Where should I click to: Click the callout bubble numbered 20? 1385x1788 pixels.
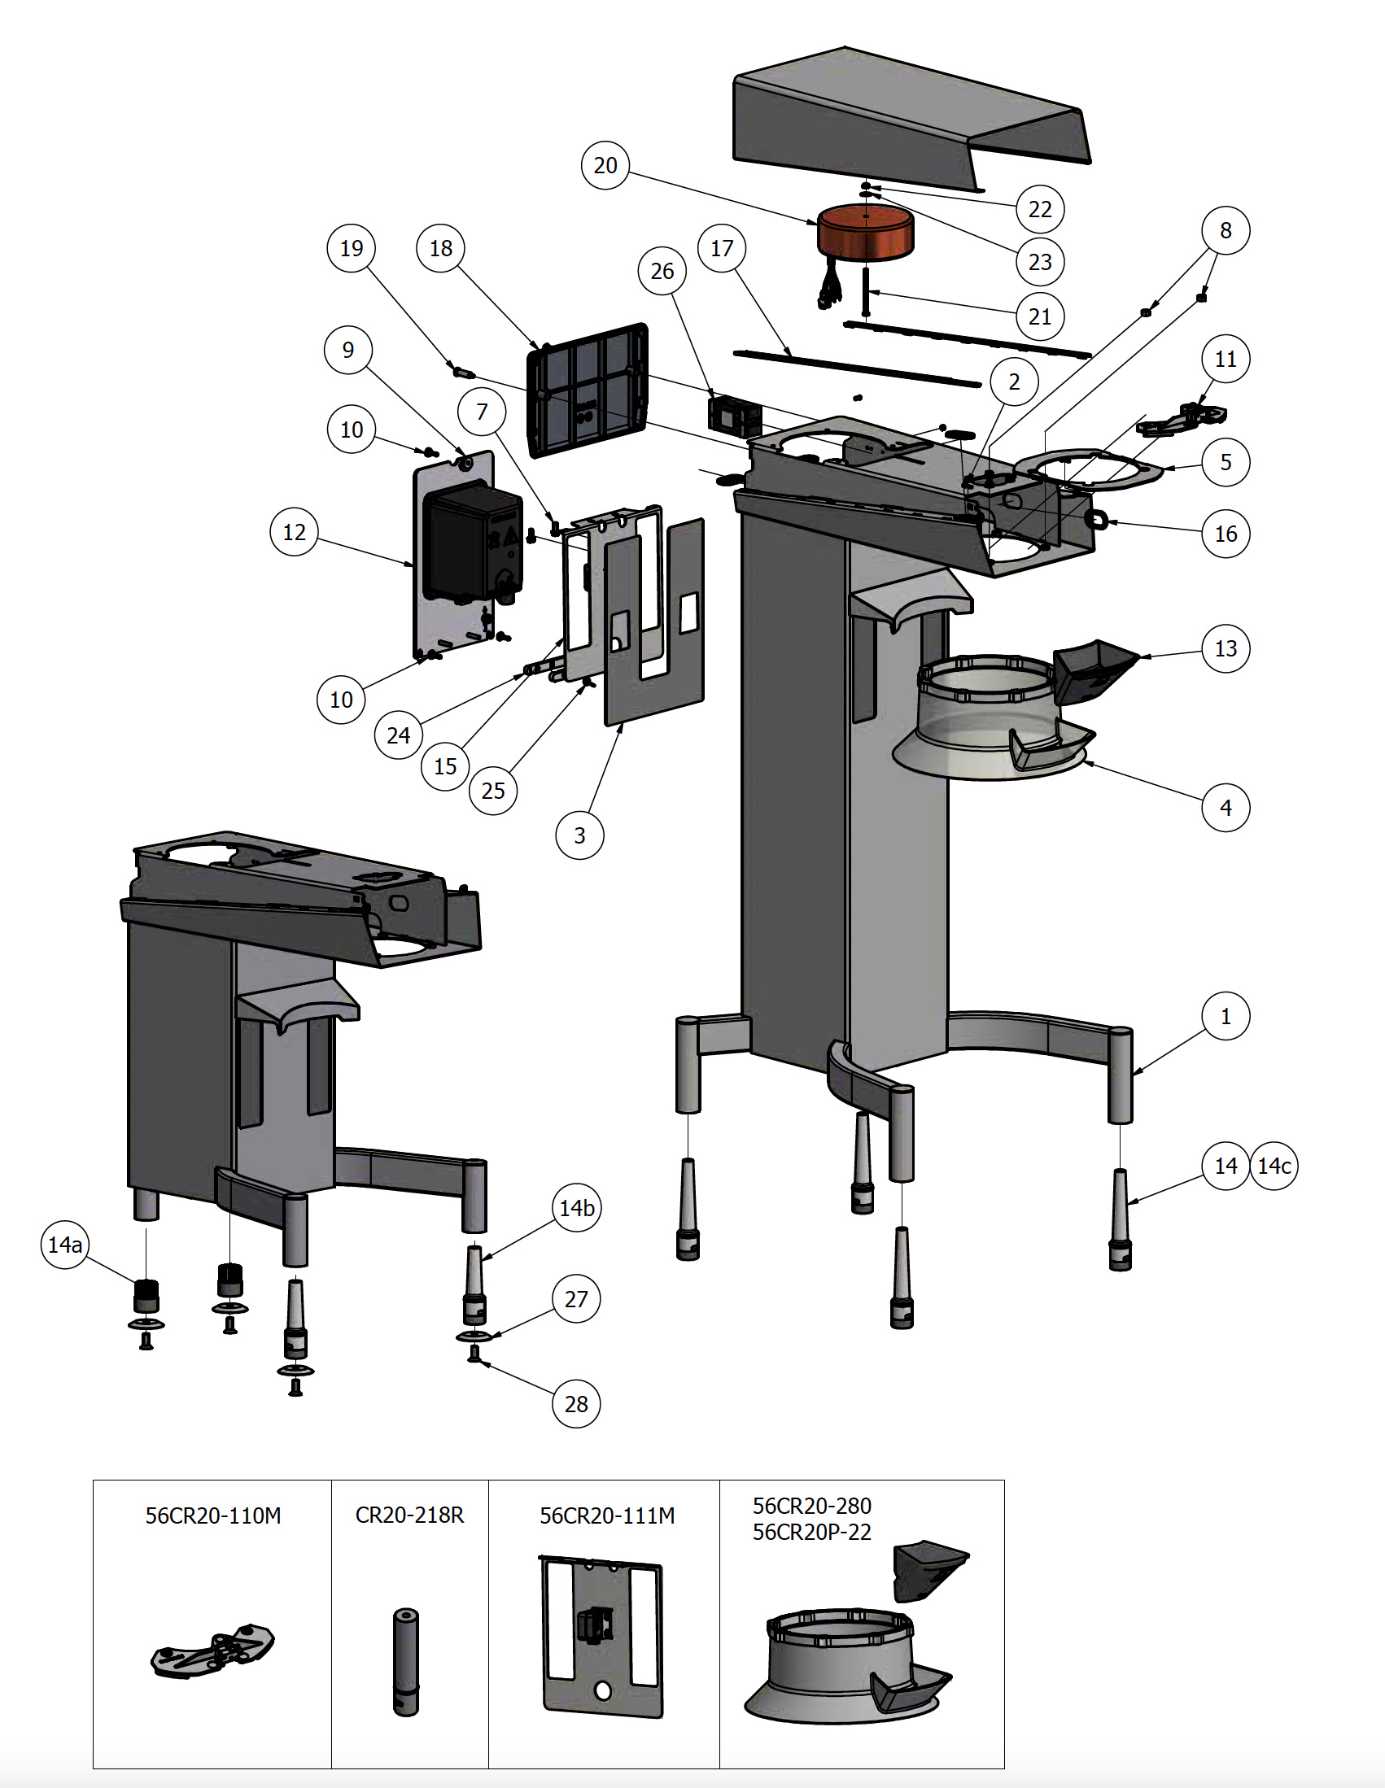click(x=605, y=165)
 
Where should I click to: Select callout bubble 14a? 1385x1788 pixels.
click(x=65, y=1245)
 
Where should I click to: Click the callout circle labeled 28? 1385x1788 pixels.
click(x=576, y=1403)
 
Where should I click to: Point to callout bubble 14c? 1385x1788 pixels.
click(x=1274, y=1165)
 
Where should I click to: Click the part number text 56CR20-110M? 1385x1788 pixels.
click(x=213, y=1515)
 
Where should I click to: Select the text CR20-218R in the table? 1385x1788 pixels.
click(x=409, y=1515)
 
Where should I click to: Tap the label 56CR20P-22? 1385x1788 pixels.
click(x=811, y=1532)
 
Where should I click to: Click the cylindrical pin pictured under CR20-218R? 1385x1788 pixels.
click(x=406, y=1661)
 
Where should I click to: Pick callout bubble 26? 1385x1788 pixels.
click(x=662, y=271)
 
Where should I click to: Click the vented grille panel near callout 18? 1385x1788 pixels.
click(x=588, y=390)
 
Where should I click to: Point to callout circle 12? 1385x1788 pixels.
click(x=294, y=532)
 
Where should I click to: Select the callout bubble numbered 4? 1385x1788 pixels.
click(x=1226, y=807)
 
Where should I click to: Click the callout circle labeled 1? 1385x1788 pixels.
click(x=1226, y=1016)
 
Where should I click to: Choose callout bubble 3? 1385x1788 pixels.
click(x=579, y=835)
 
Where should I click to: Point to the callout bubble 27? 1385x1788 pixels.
click(x=576, y=1298)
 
